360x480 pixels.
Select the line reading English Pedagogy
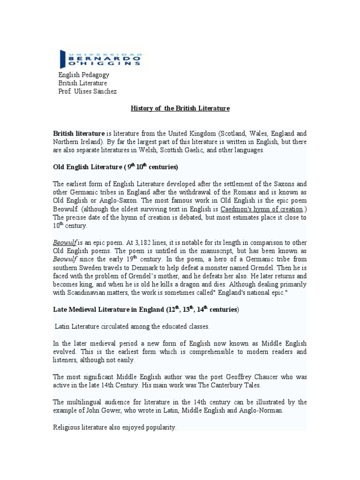coord(83,75)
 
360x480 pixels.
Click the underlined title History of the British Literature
coord(180,108)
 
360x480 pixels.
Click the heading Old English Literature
coord(87,167)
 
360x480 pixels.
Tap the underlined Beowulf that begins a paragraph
coord(63,243)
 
